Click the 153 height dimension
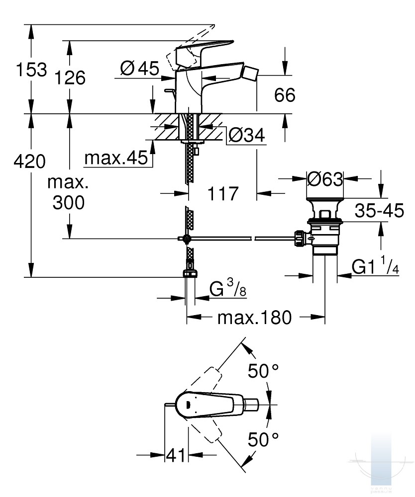31,70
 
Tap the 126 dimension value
70,78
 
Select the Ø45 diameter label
140,68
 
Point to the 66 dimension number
285,95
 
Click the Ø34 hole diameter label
247,135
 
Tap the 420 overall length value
29,161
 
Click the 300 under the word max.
69,202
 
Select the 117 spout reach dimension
223,193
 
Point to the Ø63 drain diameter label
325,179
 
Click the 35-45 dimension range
380,210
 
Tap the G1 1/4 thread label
375,266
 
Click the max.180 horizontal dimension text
254,317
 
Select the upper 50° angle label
263,371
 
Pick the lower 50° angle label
263,439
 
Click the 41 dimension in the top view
176,455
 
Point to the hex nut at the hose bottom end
190,274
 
